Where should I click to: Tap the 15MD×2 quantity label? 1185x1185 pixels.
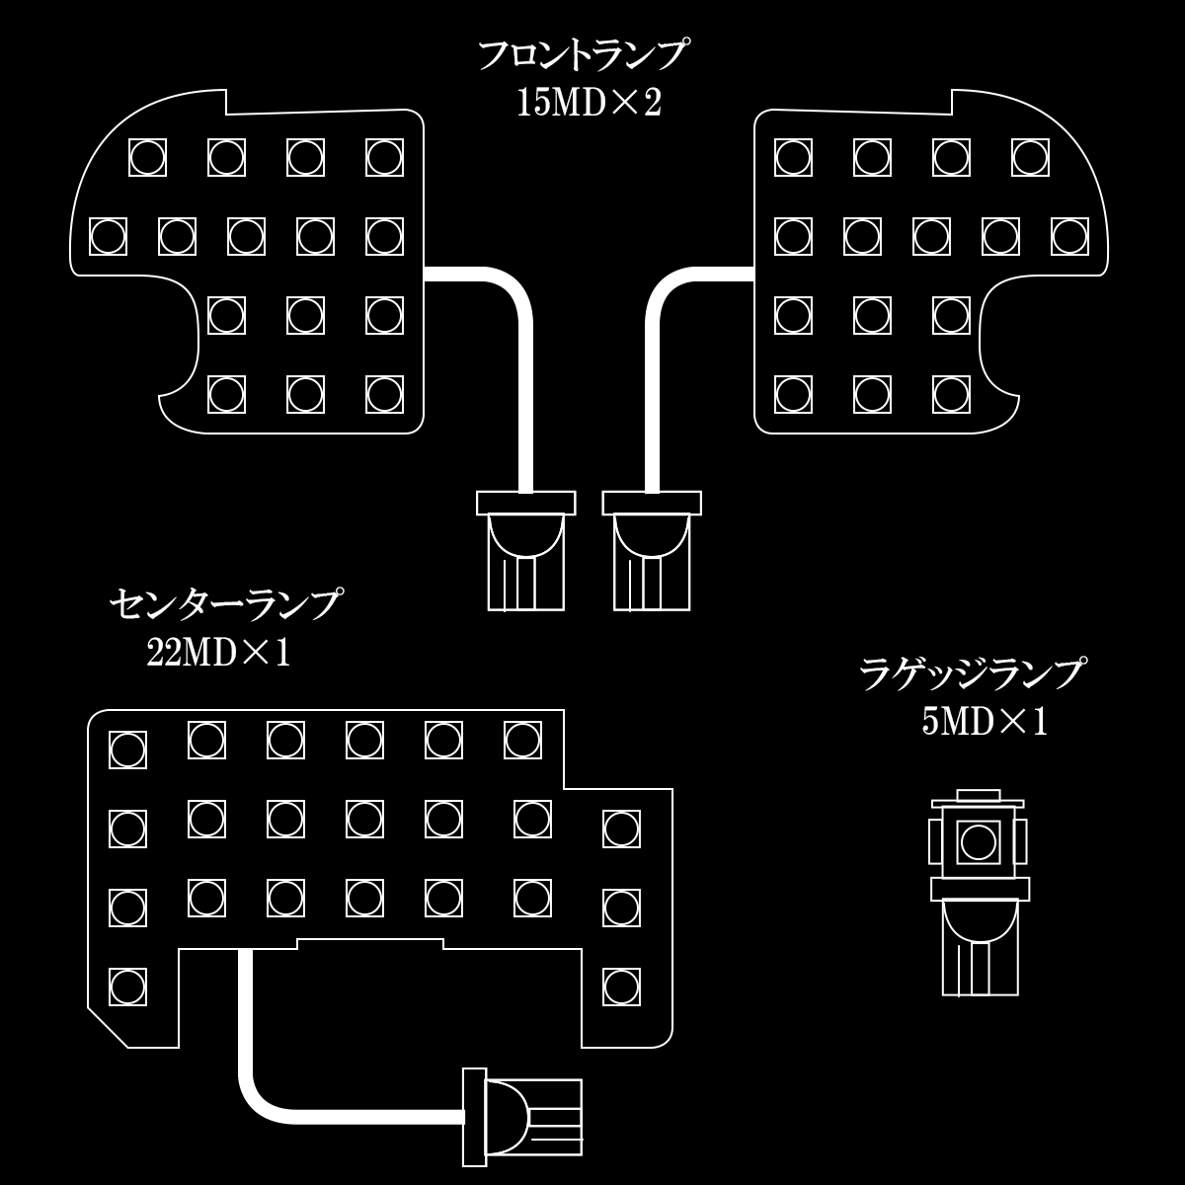click(590, 104)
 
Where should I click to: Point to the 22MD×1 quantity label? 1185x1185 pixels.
click(218, 653)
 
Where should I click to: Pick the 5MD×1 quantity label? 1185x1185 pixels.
click(985, 722)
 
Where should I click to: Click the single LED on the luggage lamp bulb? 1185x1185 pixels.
click(978, 842)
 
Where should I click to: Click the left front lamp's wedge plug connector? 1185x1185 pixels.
click(526, 551)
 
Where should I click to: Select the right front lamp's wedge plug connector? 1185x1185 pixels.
click(652, 551)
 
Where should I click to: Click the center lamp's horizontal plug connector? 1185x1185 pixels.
click(522, 1117)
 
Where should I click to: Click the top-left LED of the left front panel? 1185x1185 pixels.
click(147, 157)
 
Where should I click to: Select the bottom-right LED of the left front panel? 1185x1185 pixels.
click(384, 394)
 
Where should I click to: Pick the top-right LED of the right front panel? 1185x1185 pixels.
click(1030, 157)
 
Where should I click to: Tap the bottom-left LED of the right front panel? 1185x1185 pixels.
click(793, 394)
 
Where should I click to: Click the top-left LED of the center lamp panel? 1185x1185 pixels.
click(128, 750)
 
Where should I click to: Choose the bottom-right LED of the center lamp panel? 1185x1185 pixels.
click(622, 987)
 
